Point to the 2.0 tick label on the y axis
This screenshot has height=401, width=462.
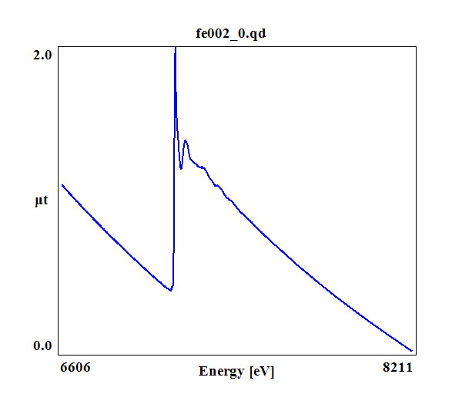42,55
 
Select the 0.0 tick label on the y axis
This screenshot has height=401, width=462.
42,345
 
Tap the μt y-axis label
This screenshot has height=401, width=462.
42,201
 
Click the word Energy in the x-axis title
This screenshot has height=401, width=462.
222,372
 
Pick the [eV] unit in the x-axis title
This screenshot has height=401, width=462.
262,372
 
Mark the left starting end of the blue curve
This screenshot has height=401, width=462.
62,185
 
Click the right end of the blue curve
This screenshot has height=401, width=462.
412,350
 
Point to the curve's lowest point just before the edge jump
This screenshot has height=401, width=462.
170,290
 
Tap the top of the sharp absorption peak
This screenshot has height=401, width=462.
176,48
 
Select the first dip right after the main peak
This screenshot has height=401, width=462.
181,168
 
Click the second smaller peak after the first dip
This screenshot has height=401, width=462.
186,140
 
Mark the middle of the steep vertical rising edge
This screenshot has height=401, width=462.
174,170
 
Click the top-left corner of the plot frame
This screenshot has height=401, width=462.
58,47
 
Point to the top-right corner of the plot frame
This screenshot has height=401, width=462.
417,47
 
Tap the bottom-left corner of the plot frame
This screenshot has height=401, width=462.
58,354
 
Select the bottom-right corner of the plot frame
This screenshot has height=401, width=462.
417,354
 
